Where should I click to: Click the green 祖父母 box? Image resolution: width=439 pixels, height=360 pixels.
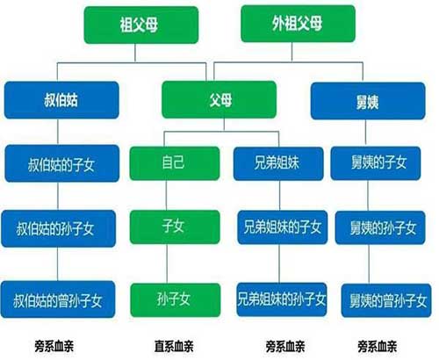point(141,25)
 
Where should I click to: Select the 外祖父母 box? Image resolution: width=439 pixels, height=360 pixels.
point(298,24)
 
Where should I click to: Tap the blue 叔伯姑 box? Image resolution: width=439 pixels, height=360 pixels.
point(61,100)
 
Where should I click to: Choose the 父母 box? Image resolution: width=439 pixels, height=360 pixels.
point(219,99)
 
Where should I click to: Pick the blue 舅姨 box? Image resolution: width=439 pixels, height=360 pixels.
point(368,101)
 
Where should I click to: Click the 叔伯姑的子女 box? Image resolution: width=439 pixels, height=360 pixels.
point(62,163)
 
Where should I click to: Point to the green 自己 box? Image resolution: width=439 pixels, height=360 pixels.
point(175,163)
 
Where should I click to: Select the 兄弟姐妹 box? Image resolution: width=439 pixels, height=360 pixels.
point(278,163)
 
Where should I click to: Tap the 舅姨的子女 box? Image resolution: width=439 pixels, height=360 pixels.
point(376,163)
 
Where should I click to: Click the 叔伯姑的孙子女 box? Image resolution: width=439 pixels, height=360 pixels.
point(59,228)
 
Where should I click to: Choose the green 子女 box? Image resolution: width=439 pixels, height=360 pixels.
point(175,227)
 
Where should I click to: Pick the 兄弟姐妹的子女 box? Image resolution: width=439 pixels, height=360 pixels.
point(283,227)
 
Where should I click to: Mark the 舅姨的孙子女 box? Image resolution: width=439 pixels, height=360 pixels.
point(380,227)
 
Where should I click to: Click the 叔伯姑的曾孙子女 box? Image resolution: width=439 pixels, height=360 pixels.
point(58,299)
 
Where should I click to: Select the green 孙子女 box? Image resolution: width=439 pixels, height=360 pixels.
point(176,300)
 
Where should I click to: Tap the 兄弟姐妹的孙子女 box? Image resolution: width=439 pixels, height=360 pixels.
point(282,299)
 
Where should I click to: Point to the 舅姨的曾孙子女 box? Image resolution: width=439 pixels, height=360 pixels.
point(386,300)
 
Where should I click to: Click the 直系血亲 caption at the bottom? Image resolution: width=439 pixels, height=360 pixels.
point(174,346)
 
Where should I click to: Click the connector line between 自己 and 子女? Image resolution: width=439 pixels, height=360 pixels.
point(167,195)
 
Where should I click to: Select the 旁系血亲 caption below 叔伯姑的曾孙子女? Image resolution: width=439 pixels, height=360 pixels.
point(54,346)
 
